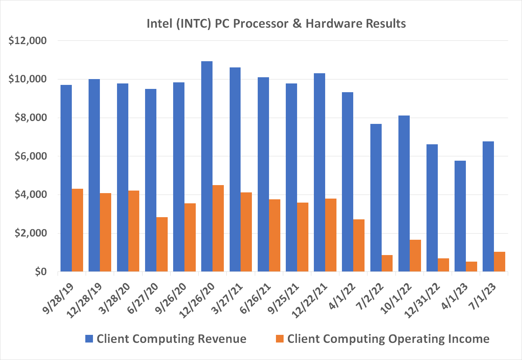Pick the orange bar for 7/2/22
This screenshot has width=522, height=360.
[387, 263]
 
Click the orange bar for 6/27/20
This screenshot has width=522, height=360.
[162, 244]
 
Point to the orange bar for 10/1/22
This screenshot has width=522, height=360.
[415, 255]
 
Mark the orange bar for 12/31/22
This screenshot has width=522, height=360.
[443, 265]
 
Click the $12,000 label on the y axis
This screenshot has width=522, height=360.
[28, 40]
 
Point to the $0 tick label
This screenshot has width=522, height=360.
[40, 272]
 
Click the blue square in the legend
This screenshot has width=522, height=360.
[89, 339]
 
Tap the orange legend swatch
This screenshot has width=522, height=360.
[280, 339]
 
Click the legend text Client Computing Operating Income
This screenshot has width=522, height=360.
[388, 339]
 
